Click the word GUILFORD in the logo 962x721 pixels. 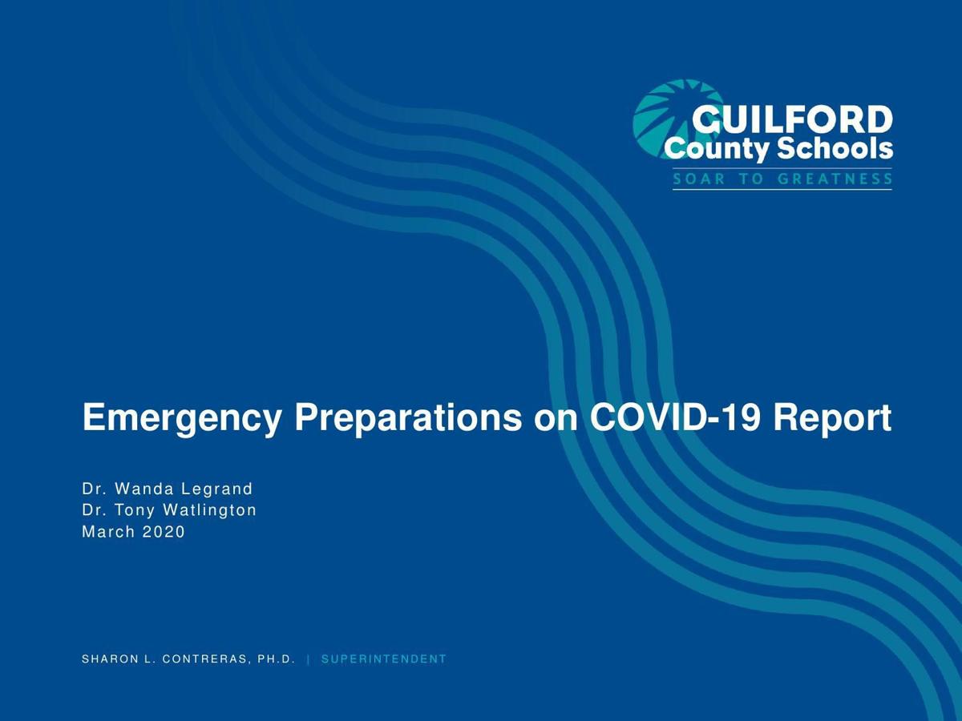click(x=792, y=120)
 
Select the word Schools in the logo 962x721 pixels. click(x=835, y=148)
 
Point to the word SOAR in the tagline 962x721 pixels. click(x=699, y=179)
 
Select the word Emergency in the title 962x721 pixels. click(x=181, y=418)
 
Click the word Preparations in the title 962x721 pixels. click(x=408, y=418)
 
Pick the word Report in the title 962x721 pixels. click(x=832, y=418)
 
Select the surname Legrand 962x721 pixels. click(x=217, y=489)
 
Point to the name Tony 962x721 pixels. click(x=135, y=511)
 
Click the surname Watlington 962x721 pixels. click(x=209, y=511)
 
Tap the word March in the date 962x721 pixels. click(x=109, y=532)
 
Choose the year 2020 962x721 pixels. click(x=164, y=532)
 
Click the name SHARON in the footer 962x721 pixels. click(x=110, y=659)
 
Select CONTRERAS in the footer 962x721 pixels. click(x=204, y=659)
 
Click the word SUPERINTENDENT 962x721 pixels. click(x=384, y=659)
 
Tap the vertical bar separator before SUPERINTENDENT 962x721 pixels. click(x=309, y=659)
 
